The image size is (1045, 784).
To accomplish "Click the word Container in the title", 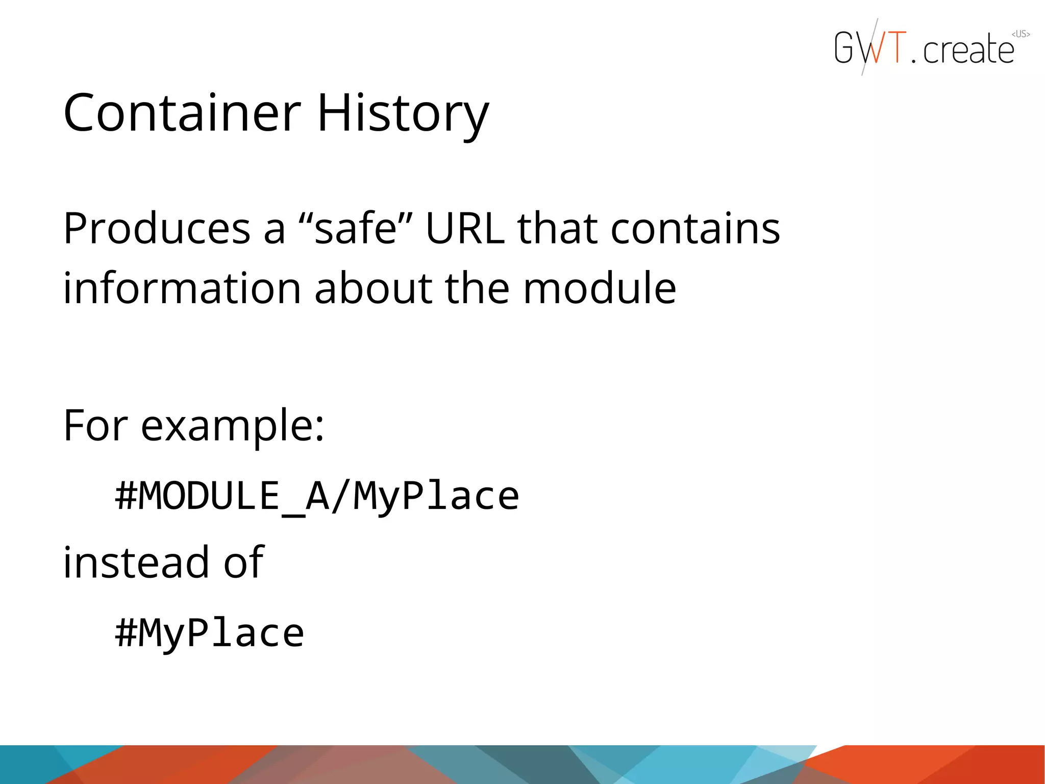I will tap(182, 113).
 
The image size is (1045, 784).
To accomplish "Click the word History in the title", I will tap(403, 113).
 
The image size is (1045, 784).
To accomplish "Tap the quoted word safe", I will tap(356, 228).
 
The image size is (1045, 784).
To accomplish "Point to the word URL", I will tap(465, 228).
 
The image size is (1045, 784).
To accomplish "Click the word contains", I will tap(695, 228).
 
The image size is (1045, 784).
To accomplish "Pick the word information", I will tap(182, 288).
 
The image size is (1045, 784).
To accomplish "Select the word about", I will tap(372, 288).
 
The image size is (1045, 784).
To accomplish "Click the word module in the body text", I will tap(600, 288).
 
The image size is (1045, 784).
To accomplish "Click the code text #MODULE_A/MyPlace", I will tap(317, 496).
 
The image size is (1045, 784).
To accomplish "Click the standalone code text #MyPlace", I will tap(210, 633).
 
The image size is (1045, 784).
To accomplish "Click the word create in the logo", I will tap(968, 50).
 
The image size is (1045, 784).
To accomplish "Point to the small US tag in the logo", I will tap(1021, 34).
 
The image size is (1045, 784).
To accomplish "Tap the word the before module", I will tap(477, 288).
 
